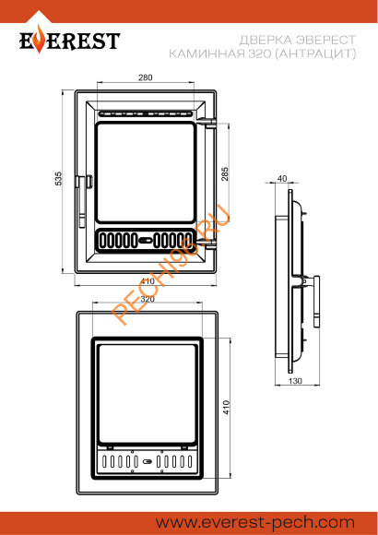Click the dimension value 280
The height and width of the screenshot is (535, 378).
pos(146,77)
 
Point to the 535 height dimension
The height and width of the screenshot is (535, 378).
pos(59,178)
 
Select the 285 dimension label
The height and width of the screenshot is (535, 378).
pos(225,173)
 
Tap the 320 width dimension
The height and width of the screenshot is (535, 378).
pos(148,299)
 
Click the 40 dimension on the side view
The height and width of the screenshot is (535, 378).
pos(282,178)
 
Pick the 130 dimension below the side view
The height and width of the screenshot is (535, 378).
pos(295,380)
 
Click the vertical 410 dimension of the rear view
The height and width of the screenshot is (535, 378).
pos(227,407)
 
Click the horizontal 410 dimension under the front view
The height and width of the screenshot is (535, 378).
pos(148,281)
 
